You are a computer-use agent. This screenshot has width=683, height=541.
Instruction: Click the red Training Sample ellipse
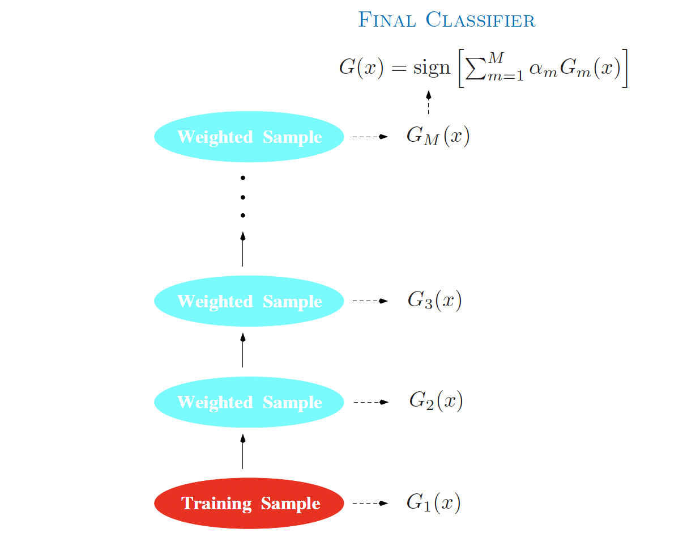[249, 503]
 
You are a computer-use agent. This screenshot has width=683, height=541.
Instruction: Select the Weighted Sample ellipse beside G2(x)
[249, 402]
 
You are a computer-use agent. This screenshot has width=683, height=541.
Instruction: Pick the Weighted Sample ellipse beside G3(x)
[249, 301]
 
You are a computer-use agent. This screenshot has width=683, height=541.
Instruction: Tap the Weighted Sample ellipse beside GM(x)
[249, 137]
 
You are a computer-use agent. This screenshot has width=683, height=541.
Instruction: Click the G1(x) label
[434, 502]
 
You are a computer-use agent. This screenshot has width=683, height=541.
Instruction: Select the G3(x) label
[434, 300]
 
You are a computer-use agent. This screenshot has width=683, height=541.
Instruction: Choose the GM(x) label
[438, 136]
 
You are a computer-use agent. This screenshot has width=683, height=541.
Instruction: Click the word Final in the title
[387, 20]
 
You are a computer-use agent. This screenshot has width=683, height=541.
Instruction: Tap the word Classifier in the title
[480, 20]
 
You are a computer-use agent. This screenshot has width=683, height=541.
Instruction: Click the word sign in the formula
[432, 68]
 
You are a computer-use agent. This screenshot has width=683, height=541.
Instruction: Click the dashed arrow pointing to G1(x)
[370, 503]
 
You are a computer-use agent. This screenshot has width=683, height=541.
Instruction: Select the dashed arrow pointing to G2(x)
[371, 402]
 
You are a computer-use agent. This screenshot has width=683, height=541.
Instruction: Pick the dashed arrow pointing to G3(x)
[370, 301]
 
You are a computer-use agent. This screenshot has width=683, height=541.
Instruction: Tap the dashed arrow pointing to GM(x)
[370, 137]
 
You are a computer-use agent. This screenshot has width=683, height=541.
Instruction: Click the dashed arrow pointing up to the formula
[429, 102]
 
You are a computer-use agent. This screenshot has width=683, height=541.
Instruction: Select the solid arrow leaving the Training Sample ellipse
[243, 451]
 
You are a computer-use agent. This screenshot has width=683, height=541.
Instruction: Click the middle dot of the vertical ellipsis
[243, 197]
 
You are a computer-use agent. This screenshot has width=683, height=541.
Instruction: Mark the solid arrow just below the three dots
[243, 249]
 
